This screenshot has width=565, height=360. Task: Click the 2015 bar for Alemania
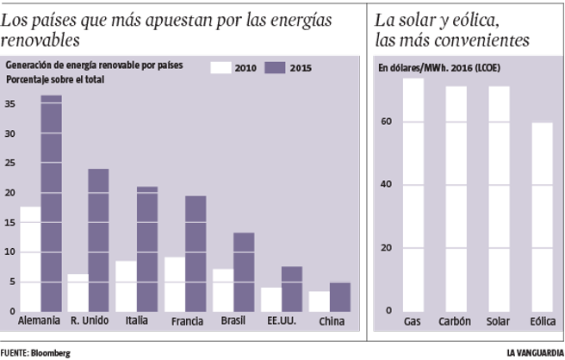point(52,203)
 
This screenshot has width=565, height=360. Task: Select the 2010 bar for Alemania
point(30,258)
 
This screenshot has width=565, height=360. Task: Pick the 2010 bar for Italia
point(126,286)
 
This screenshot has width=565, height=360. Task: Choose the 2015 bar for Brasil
point(244,271)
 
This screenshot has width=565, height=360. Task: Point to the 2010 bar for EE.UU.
point(271,299)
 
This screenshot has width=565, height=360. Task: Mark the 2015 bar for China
point(340,296)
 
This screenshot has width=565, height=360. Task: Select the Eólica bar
point(543,216)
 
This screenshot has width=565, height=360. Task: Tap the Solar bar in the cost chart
point(499,198)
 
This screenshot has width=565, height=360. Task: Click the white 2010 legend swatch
point(222,67)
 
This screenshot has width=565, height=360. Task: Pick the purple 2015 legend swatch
point(276,67)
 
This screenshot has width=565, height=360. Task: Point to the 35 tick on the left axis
point(10,104)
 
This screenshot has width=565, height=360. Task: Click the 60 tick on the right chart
point(387,121)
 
